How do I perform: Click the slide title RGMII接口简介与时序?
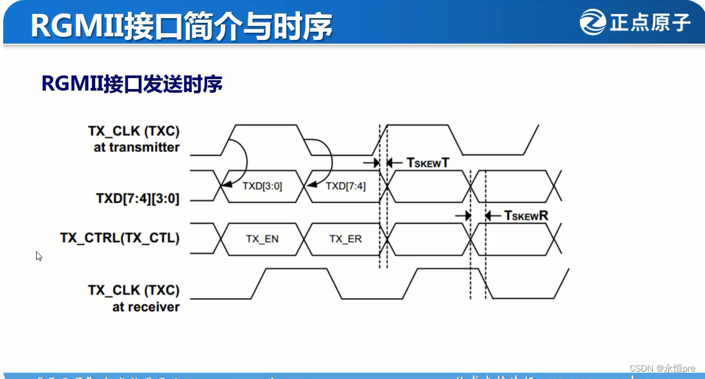point(181,26)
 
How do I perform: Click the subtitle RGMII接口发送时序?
point(132,83)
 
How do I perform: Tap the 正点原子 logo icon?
point(592,22)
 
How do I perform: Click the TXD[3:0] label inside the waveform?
point(262,185)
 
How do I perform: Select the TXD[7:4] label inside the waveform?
point(345,185)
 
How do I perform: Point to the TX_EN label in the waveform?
point(262,239)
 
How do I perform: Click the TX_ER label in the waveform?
point(345,239)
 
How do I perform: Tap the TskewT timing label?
point(427,162)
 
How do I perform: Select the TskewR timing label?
point(526,215)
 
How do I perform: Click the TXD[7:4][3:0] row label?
point(138,199)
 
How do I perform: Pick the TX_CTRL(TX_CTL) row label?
point(119,238)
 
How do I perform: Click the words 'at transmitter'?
point(136,147)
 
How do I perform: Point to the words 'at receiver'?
point(146,307)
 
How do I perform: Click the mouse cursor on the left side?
point(39,255)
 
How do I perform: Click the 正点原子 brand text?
point(650,23)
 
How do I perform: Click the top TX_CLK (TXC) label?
point(133,131)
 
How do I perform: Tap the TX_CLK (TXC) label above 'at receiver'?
point(133,290)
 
